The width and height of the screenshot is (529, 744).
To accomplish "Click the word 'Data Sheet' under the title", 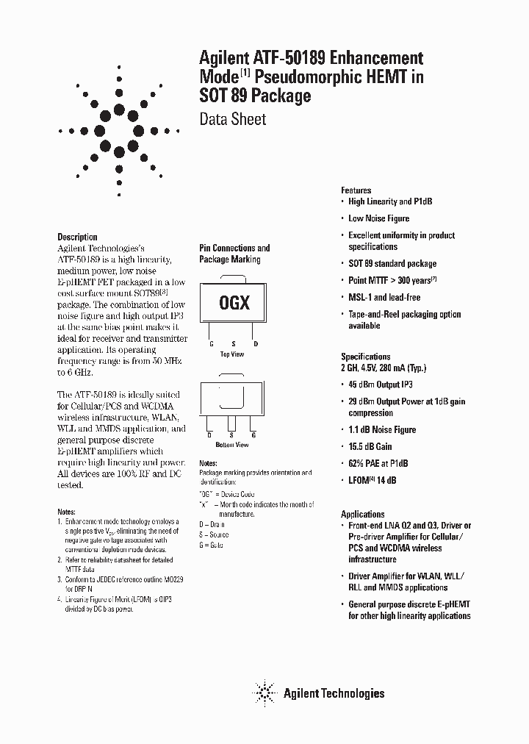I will (233, 118).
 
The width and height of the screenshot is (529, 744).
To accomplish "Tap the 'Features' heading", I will (356, 190).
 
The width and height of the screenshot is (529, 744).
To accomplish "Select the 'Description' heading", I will (77, 237).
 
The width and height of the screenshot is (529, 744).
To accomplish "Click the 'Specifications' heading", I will (366, 357).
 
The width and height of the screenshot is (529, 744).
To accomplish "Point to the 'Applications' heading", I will (363, 514).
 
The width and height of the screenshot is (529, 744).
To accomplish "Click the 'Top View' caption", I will (232, 354).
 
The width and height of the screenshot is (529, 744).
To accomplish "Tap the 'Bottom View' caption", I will (232, 446).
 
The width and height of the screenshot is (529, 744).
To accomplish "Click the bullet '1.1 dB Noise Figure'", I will (382, 429).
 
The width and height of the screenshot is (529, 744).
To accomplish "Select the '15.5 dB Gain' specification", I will (370, 446).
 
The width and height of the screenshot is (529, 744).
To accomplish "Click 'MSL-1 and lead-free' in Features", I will (384, 297).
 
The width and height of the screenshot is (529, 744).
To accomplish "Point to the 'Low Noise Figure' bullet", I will (379, 218).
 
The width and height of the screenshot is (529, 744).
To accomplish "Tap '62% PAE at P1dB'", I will (378, 463).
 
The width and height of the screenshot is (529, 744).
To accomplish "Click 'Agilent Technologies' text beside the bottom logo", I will (334, 693).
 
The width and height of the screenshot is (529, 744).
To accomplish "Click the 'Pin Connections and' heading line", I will (235, 248).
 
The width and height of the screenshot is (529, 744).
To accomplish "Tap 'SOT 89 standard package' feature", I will (392, 263).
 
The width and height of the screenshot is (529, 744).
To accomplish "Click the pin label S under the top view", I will (232, 343).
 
